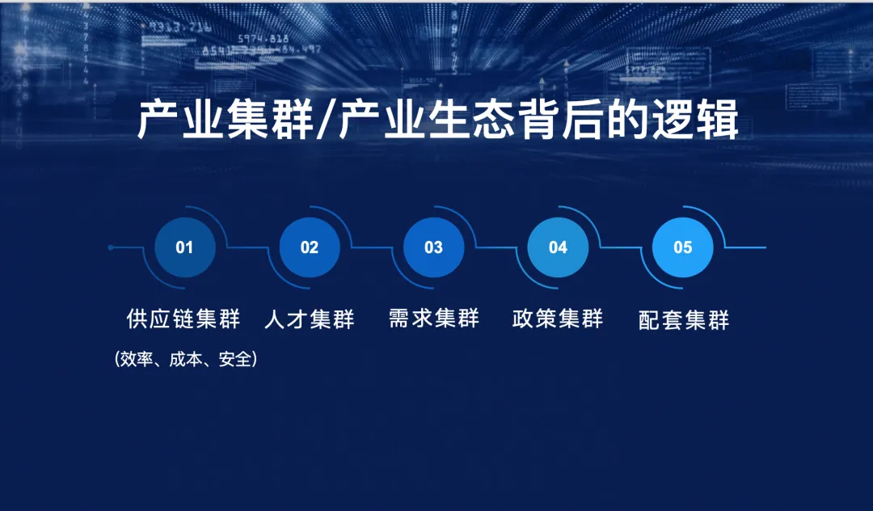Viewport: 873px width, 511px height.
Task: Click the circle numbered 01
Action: tap(185, 247)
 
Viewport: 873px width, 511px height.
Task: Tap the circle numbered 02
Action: tap(310, 247)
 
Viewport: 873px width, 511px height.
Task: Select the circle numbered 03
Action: tap(434, 247)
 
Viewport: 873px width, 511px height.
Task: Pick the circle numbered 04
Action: tap(558, 247)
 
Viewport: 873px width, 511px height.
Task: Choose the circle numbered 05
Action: tap(682, 247)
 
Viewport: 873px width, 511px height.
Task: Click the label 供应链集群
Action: tap(183, 319)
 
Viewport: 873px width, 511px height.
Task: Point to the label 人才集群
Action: tap(310, 319)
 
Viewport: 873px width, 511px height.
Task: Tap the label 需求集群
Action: tap(434, 319)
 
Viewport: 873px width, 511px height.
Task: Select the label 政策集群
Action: tap(558, 319)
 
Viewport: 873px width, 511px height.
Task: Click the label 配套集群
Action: tap(684, 320)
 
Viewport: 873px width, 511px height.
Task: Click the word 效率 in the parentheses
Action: tap(137, 359)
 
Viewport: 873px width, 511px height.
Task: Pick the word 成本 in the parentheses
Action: tap(185, 359)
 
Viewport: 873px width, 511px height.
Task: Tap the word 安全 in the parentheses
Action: tap(235, 359)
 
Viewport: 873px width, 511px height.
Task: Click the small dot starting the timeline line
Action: tap(111, 247)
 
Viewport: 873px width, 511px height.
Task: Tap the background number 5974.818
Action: tap(264, 39)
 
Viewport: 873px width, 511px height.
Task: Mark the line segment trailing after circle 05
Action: tap(746, 247)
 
